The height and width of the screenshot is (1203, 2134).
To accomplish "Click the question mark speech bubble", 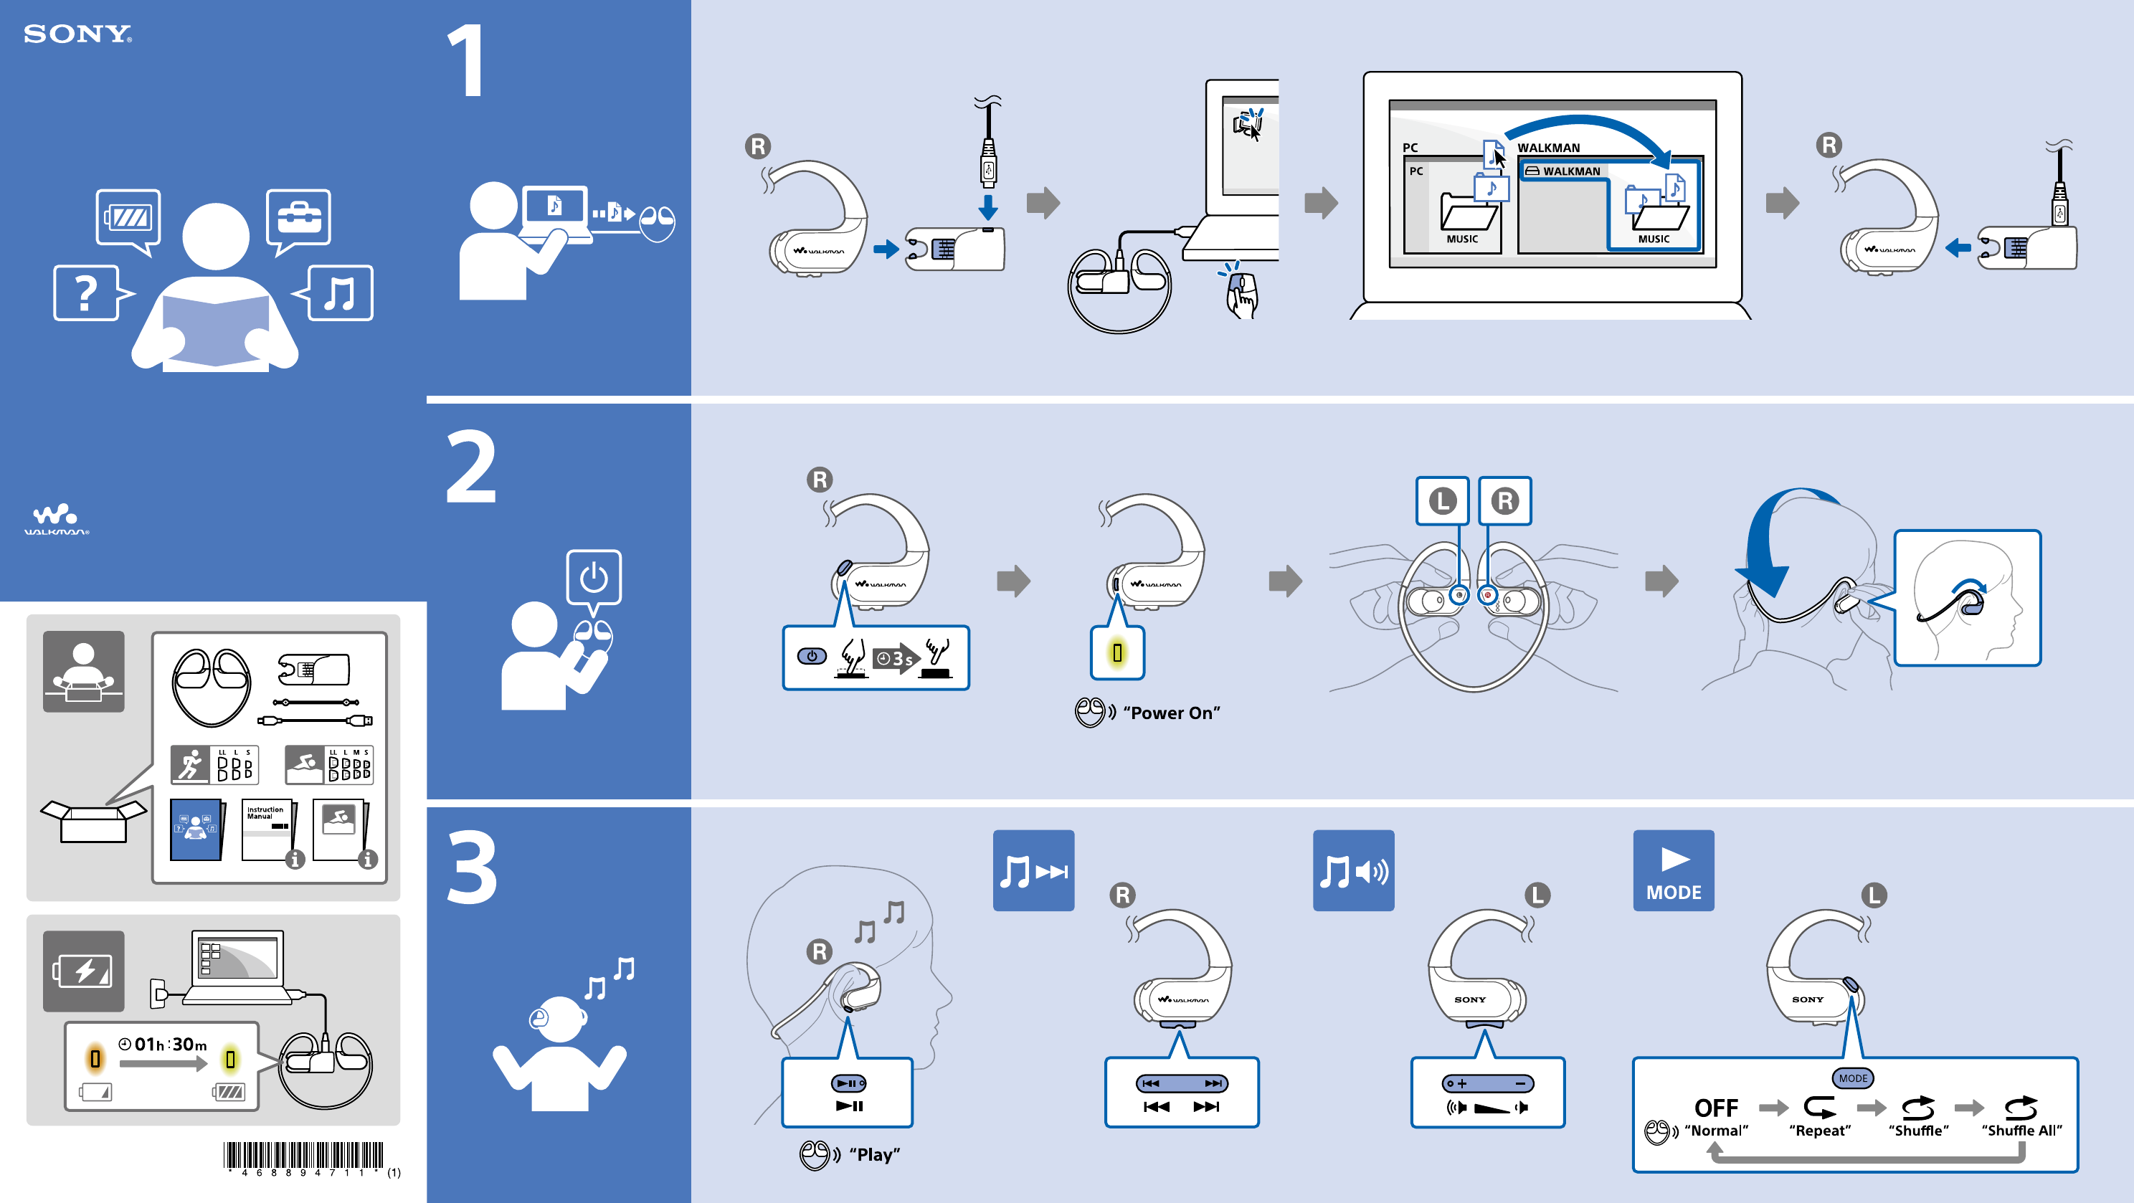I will pos(87,293).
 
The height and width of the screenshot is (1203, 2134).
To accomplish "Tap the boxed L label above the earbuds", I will pos(1441,500).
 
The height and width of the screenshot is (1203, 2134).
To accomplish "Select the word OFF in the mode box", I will pos(1716,1108).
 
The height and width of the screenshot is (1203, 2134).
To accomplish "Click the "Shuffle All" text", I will pos(2021,1130).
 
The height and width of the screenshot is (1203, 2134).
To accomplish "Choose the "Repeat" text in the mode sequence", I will pos(1819,1130).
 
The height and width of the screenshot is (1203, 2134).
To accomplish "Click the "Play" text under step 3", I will pos(874,1154).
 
